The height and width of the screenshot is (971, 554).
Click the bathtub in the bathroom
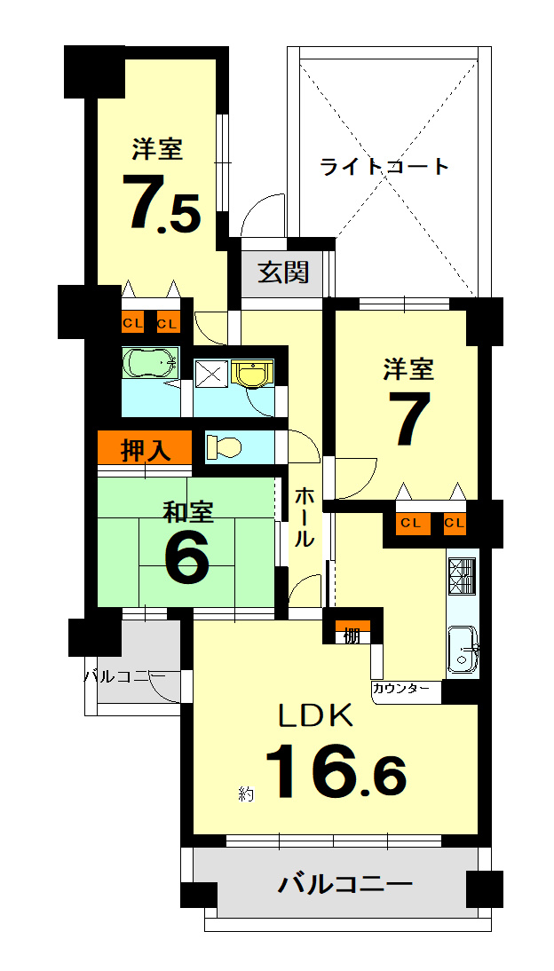151,363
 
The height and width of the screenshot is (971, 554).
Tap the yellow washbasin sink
251,374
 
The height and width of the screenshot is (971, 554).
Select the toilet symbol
223,446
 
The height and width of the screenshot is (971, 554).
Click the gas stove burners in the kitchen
462,576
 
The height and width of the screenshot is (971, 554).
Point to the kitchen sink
463,648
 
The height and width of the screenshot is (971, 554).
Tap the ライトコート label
384,167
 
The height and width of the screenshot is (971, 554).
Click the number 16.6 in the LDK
336,771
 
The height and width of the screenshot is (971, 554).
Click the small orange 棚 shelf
352,631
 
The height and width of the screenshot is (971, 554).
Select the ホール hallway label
304,517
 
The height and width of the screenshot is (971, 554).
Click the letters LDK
316,715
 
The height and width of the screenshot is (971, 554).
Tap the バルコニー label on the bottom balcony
344,884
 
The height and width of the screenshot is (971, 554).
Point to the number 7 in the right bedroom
409,418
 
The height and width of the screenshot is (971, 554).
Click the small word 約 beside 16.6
246,793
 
